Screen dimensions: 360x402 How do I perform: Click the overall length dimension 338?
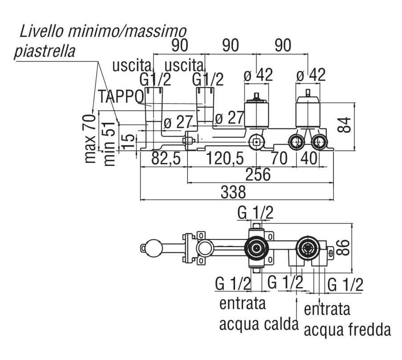coord(233,192)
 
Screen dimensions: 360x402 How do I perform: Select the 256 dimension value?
coord(258,175)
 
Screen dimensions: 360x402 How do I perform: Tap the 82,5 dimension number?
coord(163,158)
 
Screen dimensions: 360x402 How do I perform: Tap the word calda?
coord(279,324)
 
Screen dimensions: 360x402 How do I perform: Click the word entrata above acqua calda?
coord(243,304)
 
